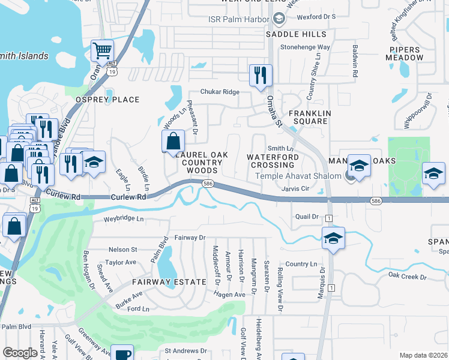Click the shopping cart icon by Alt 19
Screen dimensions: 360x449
coord(103,52)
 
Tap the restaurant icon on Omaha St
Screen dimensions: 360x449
coord(261,76)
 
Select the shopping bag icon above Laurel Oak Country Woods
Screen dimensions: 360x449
coord(173,142)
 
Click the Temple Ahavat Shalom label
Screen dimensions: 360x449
coord(298,176)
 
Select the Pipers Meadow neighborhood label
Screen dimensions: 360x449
coord(406,53)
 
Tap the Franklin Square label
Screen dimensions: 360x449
coord(309,117)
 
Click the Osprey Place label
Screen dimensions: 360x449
coord(107,100)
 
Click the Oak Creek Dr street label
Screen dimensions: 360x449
coord(407,276)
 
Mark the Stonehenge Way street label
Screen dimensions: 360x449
coord(306,47)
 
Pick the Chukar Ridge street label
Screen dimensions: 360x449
coord(219,92)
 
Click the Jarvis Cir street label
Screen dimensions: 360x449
coord(295,188)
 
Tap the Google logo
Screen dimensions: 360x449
coord(20,353)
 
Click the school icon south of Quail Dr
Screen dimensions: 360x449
coord(333,238)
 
